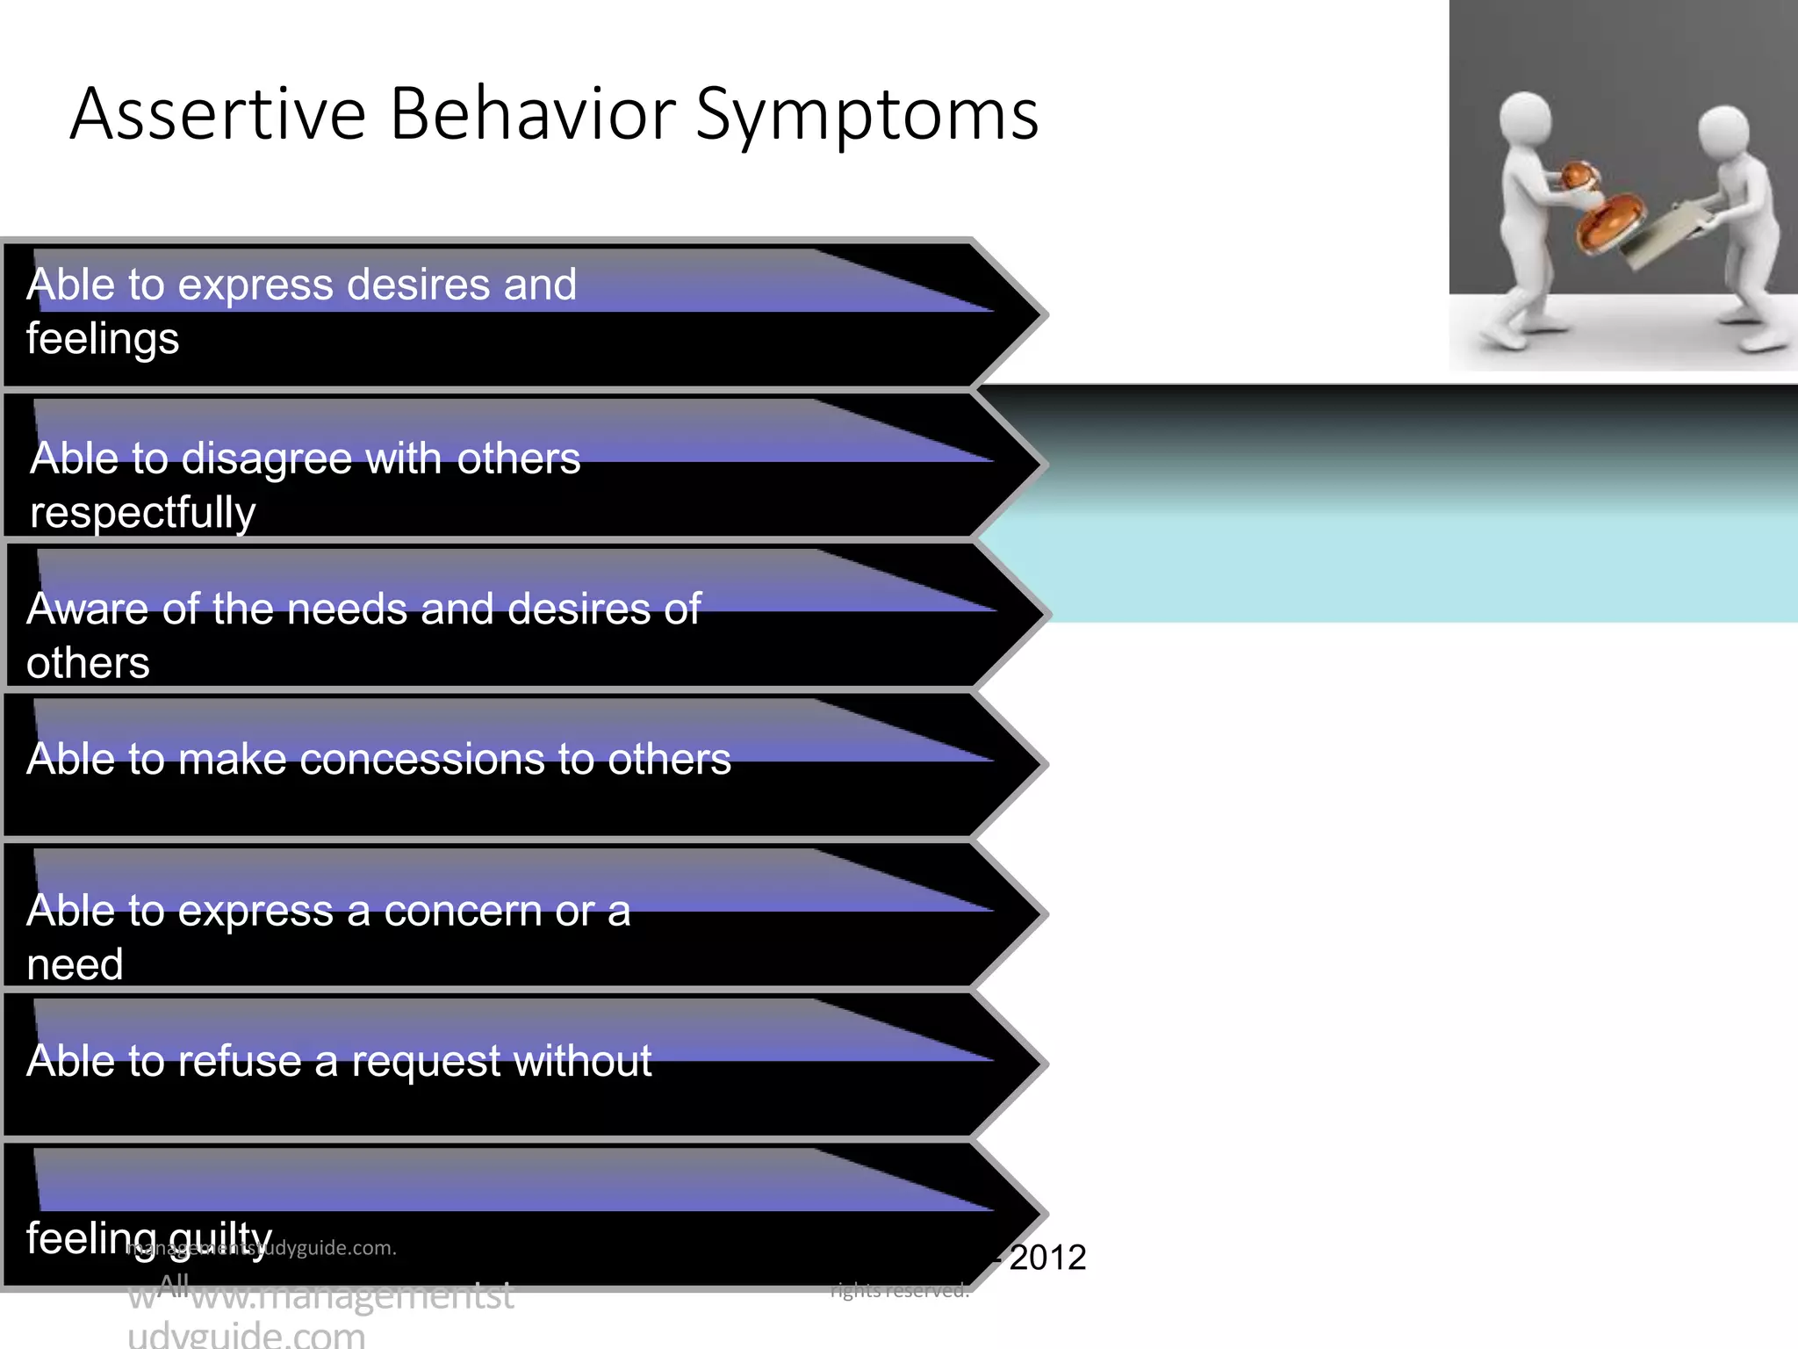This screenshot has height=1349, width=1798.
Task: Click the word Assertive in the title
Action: click(218, 114)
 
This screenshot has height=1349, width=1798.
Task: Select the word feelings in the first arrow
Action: click(103, 340)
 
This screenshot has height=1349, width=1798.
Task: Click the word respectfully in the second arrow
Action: click(143, 513)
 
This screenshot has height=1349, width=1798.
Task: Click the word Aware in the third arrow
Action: click(88, 609)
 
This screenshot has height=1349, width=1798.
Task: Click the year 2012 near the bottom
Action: click(1047, 1258)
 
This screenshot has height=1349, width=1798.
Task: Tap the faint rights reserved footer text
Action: click(900, 1290)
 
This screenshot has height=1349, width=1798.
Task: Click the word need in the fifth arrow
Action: click(75, 965)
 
